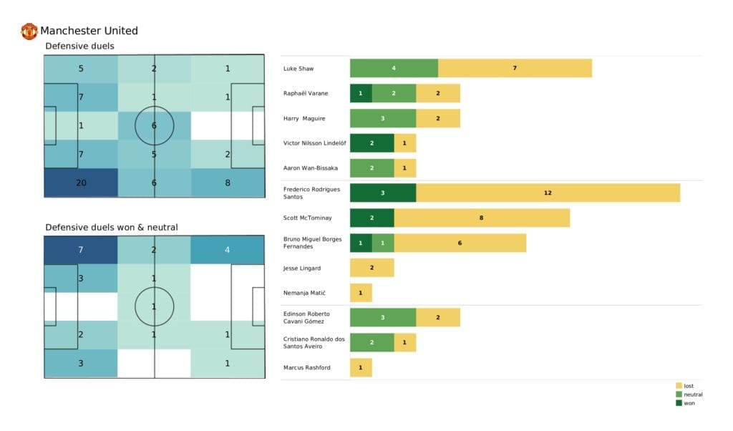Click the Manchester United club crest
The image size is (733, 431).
(x=29, y=31)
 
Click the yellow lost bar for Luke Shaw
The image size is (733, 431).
(x=515, y=68)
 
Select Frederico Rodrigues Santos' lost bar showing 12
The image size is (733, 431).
(x=548, y=193)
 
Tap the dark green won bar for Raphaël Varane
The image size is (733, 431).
(x=361, y=93)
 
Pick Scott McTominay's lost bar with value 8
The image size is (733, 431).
(x=482, y=218)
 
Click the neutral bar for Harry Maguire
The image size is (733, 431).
(x=383, y=118)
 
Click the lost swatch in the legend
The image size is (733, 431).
(x=679, y=386)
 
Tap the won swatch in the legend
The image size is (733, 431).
(x=679, y=402)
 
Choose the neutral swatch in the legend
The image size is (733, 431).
(x=679, y=394)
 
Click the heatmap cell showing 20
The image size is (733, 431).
(x=81, y=183)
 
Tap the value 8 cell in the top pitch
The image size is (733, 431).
(x=228, y=183)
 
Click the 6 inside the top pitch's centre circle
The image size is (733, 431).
(x=155, y=125)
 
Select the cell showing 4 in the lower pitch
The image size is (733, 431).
(x=228, y=250)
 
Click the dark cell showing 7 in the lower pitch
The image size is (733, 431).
(x=81, y=250)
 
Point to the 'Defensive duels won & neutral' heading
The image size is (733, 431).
(x=112, y=227)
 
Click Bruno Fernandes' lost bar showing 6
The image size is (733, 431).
(x=460, y=243)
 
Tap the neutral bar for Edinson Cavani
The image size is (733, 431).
(x=383, y=318)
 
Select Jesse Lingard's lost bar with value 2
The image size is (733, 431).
(x=372, y=268)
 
